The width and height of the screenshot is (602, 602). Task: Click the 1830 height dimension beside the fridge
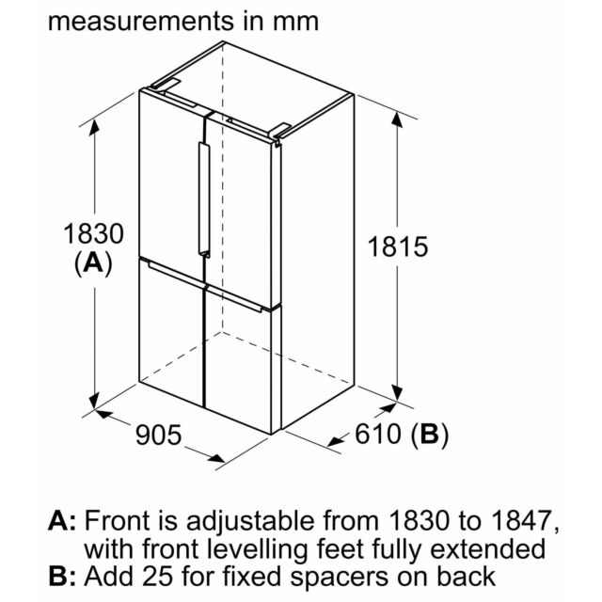pyautogui.click(x=93, y=233)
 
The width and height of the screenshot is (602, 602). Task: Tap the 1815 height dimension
pyautogui.click(x=398, y=246)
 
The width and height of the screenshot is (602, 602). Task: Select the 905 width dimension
pyautogui.click(x=159, y=435)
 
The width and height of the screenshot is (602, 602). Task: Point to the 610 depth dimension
pyautogui.click(x=378, y=434)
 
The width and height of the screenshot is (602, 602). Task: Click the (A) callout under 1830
pyautogui.click(x=93, y=263)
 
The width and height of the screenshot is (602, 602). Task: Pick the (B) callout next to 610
pyautogui.click(x=429, y=435)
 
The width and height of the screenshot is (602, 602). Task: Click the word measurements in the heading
pyautogui.click(x=140, y=21)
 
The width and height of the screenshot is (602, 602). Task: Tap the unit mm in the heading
pyautogui.click(x=295, y=23)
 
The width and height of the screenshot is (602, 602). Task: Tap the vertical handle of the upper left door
pyautogui.click(x=203, y=199)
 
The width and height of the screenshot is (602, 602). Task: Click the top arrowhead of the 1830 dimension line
pyautogui.click(x=94, y=127)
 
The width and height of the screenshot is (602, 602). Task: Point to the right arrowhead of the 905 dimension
pyautogui.click(x=215, y=458)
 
